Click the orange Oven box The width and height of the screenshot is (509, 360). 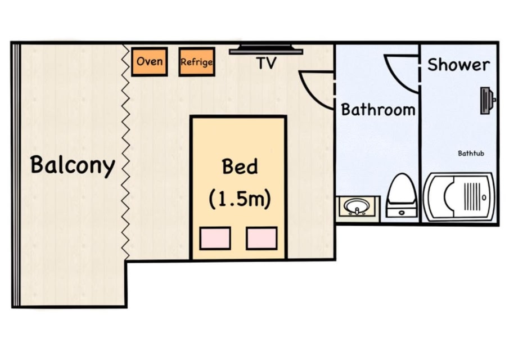149,62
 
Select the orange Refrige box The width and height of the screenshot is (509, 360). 197,62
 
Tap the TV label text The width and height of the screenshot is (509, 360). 267,63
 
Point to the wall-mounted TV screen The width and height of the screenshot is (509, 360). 266,49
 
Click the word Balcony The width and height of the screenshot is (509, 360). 73,165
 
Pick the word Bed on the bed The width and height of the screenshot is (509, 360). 240,166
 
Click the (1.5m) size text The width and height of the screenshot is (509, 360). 240,199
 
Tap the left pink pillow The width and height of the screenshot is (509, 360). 215,238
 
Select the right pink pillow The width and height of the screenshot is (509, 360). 262,238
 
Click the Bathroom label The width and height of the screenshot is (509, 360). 378,109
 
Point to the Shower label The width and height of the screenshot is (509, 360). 458,65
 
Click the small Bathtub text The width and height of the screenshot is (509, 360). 471,153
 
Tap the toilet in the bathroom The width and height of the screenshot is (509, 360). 402,195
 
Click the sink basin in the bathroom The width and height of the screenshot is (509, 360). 357,206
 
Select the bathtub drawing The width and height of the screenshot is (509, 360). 459,197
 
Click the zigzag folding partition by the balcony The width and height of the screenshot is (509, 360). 125,152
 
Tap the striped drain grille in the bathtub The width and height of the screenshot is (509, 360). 472,196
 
